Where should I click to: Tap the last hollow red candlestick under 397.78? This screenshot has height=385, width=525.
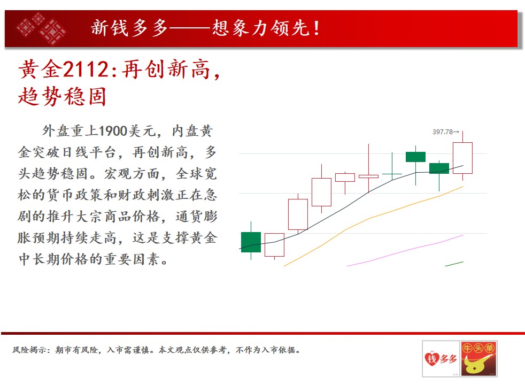point(463,158)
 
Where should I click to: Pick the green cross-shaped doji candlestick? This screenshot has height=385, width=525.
point(392,174)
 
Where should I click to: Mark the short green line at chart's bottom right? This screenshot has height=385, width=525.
point(454,264)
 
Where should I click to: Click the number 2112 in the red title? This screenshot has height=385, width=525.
point(86,70)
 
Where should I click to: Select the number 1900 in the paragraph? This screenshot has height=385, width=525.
point(113,131)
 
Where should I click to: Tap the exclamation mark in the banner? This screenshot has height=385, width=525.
point(316,28)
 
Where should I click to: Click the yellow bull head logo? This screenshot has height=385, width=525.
point(479,359)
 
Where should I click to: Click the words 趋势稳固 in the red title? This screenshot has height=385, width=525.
point(62,96)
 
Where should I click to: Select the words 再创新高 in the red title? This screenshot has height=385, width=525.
point(166,70)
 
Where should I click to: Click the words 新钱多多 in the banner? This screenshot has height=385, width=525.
point(129,28)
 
